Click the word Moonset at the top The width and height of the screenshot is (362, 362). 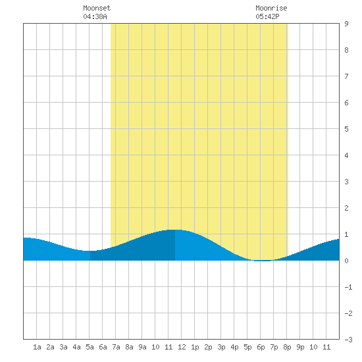point(97,8)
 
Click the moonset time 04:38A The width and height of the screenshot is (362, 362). point(95,16)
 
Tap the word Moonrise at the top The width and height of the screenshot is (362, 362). point(271,8)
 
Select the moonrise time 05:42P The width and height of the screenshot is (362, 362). point(267,16)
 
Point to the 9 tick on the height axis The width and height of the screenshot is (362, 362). point(346,24)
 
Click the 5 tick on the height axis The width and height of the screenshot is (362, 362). point(346,129)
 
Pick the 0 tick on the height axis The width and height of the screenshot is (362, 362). point(346,261)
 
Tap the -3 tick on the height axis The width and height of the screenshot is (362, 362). point(348,340)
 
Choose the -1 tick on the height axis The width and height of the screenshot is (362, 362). point(348,287)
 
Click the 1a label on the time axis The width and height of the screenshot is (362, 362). point(37,347)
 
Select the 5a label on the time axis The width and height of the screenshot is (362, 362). point(90,347)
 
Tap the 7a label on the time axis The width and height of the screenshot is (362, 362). point(116,347)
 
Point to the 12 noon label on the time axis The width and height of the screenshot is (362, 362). point(182,347)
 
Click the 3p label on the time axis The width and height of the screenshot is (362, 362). point(221,347)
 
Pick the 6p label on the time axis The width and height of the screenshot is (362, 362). point(261,347)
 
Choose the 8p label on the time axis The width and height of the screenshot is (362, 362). point(287,347)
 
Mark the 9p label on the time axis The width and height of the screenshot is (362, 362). point(300,347)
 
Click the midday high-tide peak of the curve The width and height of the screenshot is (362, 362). point(175,230)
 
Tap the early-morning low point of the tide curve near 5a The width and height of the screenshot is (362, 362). point(90,251)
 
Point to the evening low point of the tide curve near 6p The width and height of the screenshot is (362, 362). point(263,261)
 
